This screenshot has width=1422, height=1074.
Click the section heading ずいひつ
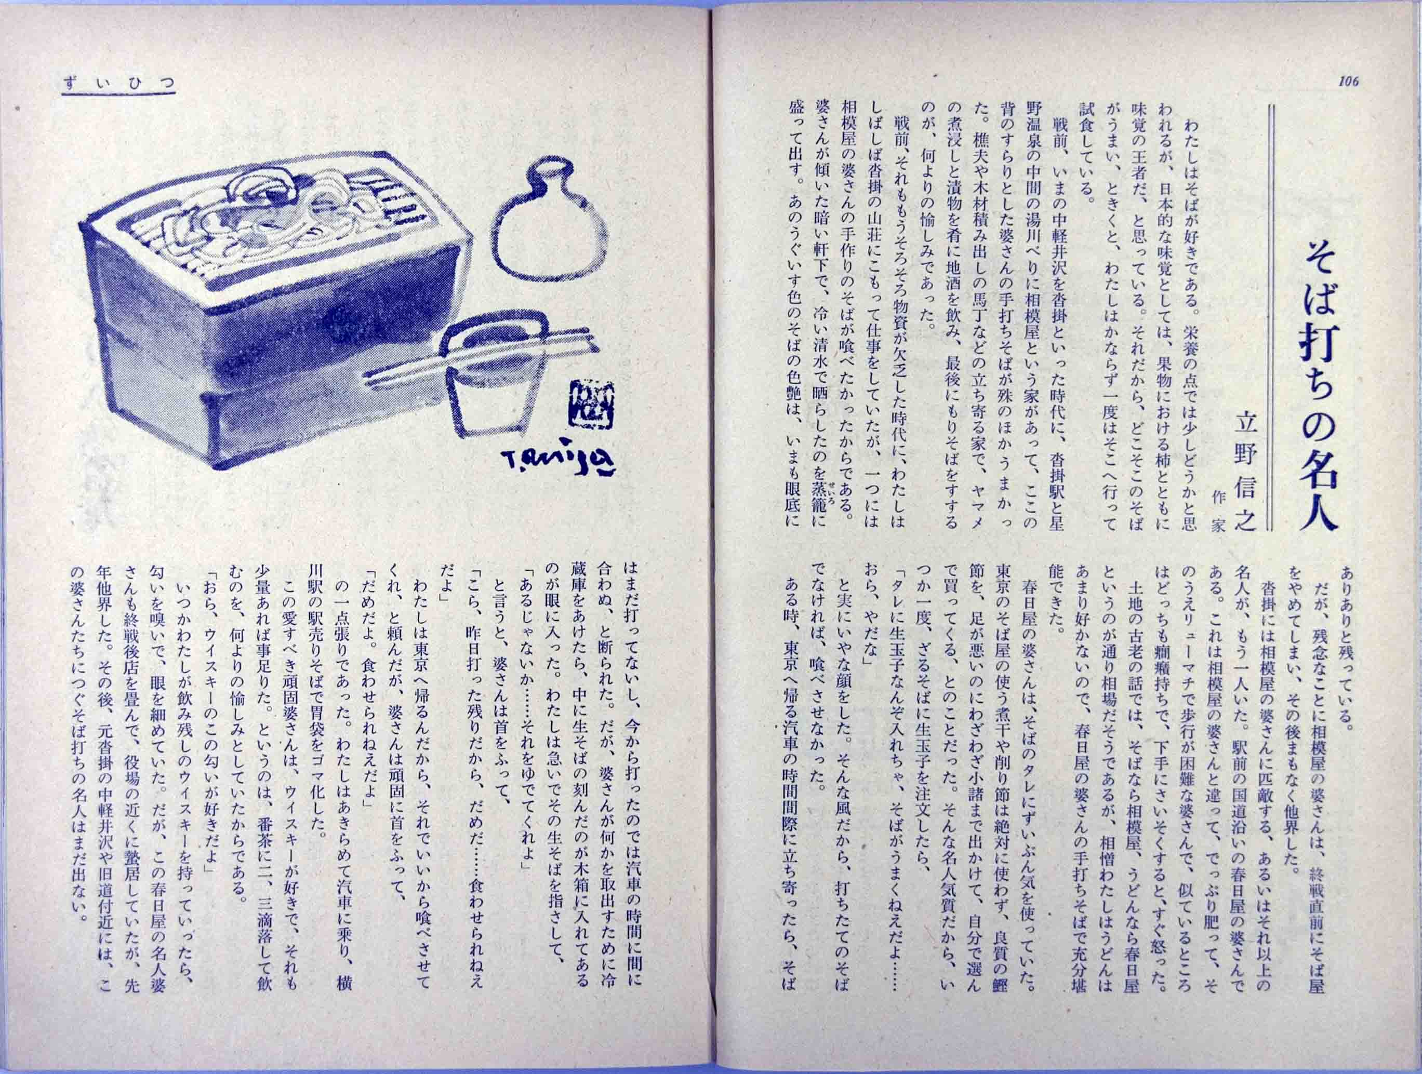tap(119, 83)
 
